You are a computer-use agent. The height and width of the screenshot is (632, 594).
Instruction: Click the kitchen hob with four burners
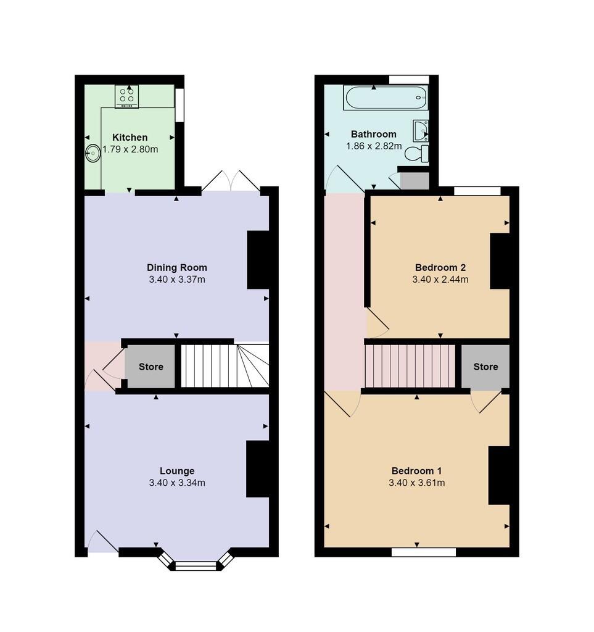tap(127, 96)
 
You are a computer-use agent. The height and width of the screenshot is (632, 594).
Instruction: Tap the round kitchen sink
tap(93, 153)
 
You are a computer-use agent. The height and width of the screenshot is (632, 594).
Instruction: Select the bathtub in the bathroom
tap(386, 98)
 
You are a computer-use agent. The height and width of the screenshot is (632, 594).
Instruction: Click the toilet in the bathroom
tap(417, 154)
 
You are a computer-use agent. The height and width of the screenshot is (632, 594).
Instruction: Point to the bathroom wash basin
tap(421, 131)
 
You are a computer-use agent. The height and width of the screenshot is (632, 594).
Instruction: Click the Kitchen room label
tap(130, 138)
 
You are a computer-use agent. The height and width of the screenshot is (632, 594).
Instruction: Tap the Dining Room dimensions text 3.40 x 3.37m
tap(177, 280)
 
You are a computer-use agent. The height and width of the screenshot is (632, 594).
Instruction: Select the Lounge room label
tap(177, 471)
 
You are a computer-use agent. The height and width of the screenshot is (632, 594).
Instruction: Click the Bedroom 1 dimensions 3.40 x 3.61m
tap(417, 483)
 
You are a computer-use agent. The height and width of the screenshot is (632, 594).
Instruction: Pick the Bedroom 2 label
tap(440, 268)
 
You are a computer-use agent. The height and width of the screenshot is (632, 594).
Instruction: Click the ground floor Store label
tap(151, 367)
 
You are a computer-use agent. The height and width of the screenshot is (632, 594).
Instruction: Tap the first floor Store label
tap(485, 367)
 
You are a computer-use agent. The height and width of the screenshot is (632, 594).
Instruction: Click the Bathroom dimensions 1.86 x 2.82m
tap(374, 146)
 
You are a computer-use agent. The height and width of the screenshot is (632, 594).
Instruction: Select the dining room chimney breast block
tap(258, 260)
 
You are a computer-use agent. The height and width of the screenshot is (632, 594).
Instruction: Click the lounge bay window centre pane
tap(196, 567)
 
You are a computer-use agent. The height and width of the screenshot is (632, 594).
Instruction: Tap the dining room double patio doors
tap(231, 181)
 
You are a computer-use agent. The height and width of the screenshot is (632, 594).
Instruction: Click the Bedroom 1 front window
tap(424, 552)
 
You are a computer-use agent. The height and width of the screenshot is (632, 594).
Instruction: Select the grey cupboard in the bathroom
tap(415, 181)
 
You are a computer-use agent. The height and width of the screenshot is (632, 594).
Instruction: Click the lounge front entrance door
tap(102, 542)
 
